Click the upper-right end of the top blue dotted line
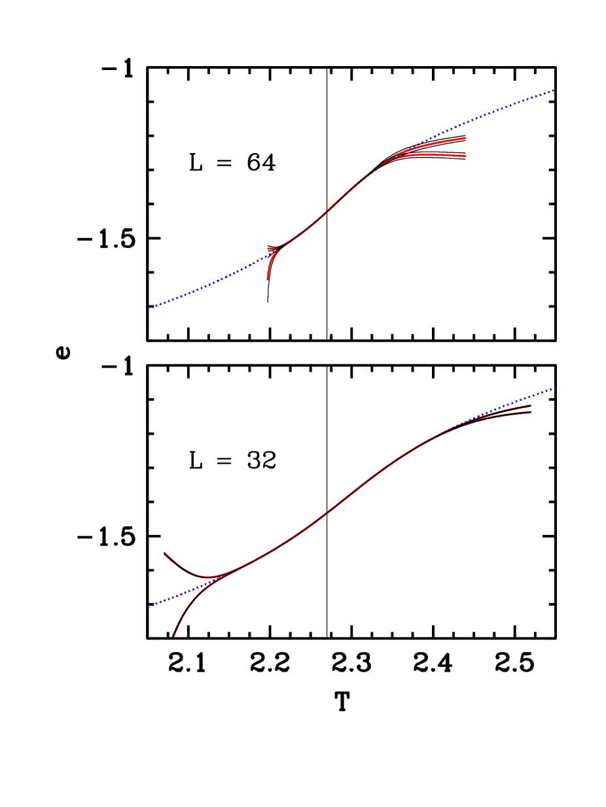click(x=554, y=90)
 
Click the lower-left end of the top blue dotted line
click(x=149, y=308)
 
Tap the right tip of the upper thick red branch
click(x=465, y=139)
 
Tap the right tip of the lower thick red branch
click(x=465, y=156)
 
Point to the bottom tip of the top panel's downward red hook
click(x=268, y=279)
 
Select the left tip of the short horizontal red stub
click(x=268, y=249)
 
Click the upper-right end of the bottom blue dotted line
click(x=554, y=388)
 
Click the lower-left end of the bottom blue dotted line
click(x=149, y=606)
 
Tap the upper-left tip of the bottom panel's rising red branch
click(x=164, y=553)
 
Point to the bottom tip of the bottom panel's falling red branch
click(x=173, y=637)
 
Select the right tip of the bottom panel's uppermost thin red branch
click(x=531, y=405)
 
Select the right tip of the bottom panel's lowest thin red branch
click(x=531, y=413)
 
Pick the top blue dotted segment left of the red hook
click(x=209, y=283)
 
